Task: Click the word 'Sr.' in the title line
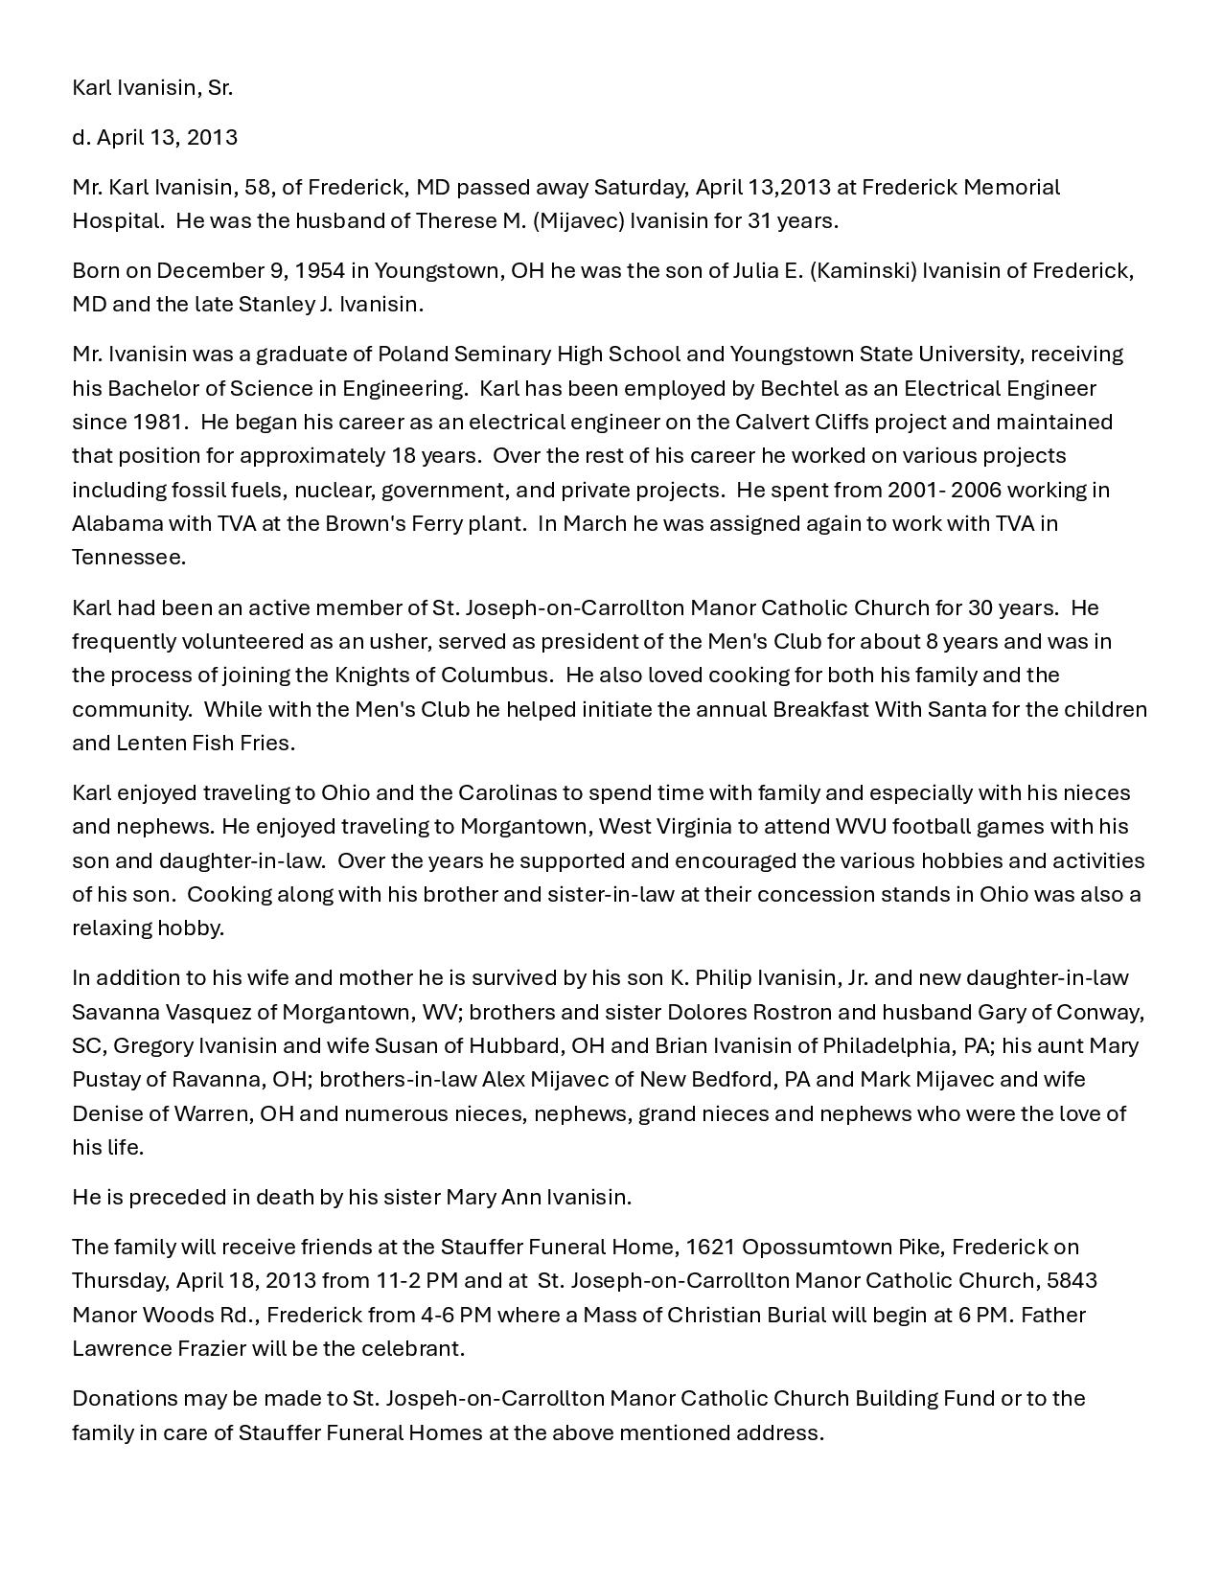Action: click(x=219, y=88)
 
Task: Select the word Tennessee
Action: click(x=127, y=557)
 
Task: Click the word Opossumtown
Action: click(x=816, y=1247)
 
